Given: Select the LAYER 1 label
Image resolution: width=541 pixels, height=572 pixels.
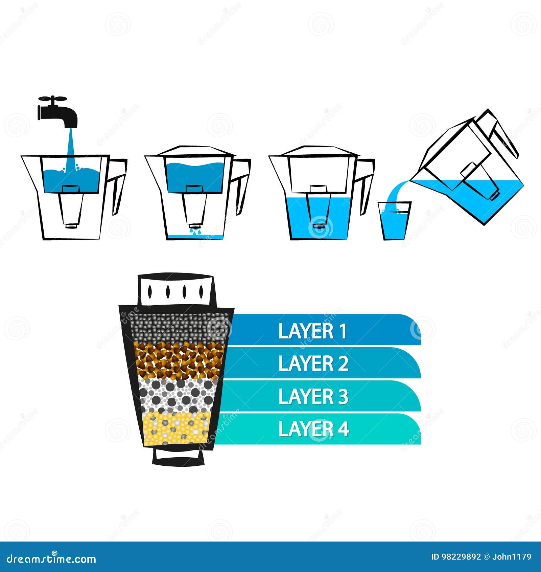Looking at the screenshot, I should pos(313,331).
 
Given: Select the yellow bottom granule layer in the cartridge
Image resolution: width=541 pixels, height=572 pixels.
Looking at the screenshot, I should pos(176,428).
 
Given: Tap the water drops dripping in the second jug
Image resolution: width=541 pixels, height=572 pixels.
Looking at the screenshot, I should pos(195,232).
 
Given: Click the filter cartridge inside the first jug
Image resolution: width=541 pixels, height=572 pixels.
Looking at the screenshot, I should pos(71,206).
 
